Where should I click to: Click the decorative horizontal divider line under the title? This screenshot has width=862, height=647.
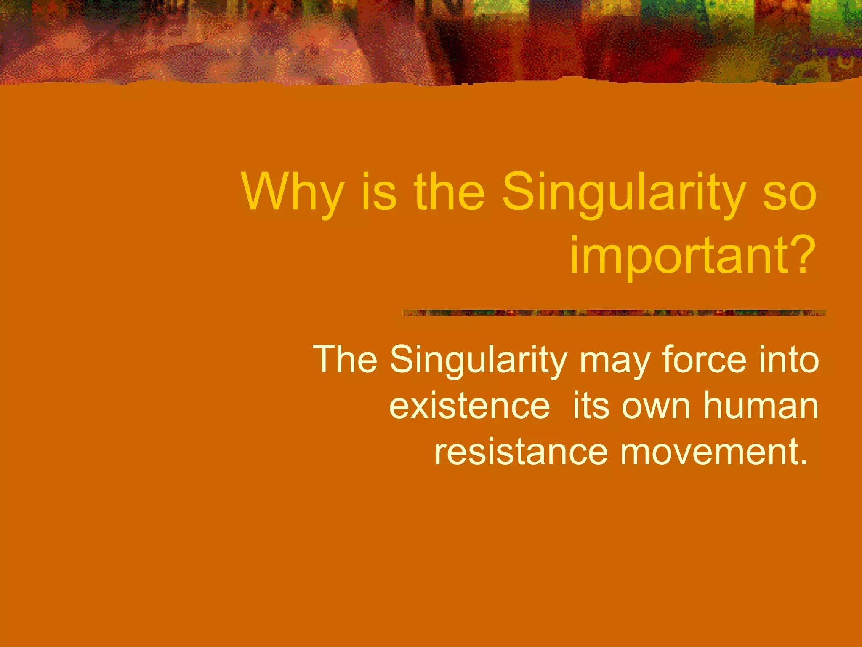tap(614, 313)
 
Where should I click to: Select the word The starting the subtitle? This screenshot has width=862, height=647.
tap(345, 359)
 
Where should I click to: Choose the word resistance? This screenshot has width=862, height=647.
tap(521, 452)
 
